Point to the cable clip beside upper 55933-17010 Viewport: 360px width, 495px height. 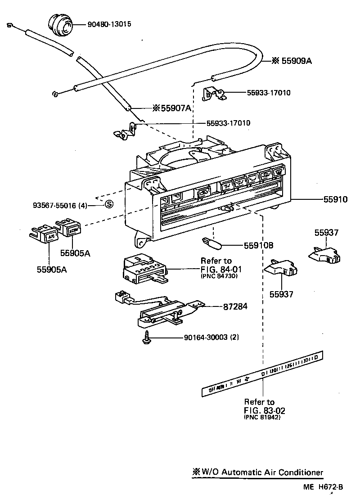tap(215, 94)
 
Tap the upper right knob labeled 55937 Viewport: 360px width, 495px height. tap(325, 255)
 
